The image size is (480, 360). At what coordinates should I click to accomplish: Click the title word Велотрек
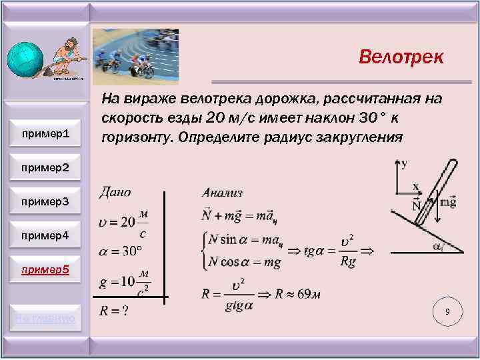[401, 57]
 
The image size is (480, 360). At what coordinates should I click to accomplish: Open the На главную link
[46, 319]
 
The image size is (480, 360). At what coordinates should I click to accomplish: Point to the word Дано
[115, 192]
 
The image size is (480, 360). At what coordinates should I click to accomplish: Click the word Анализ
[222, 193]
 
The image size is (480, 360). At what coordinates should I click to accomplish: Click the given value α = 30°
[121, 251]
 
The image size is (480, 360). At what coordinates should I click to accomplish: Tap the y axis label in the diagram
[404, 163]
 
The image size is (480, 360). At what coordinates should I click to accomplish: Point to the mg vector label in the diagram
[448, 202]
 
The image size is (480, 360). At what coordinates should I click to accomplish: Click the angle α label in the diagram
[438, 247]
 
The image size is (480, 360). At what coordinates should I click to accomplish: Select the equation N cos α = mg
[245, 262]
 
